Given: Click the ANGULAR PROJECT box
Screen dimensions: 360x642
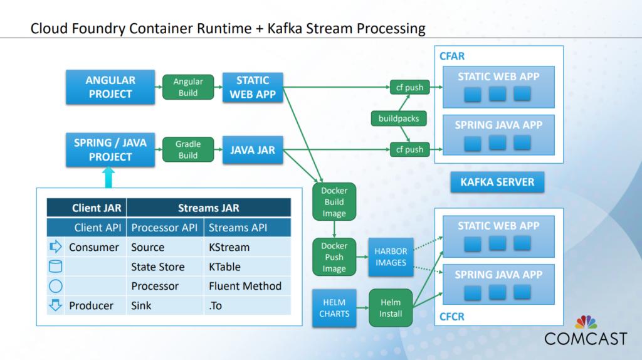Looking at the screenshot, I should (x=110, y=87).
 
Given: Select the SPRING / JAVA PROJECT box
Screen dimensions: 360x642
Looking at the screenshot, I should (x=110, y=150).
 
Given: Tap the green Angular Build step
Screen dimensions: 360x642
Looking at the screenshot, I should (x=188, y=87).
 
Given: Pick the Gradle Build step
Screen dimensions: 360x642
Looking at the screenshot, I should (x=188, y=150).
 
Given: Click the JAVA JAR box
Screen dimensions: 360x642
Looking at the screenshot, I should (x=253, y=150).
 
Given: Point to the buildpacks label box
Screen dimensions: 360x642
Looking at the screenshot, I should (x=399, y=118).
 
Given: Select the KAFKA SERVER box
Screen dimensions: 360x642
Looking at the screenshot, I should (x=497, y=182).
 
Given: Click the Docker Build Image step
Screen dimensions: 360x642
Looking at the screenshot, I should (x=334, y=202).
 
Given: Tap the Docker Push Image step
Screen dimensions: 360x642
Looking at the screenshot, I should (x=334, y=257).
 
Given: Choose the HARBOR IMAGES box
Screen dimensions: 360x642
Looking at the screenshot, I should (x=391, y=257).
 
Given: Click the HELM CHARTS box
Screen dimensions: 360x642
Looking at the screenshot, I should (x=335, y=307).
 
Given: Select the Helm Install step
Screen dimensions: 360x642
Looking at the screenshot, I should (x=391, y=308).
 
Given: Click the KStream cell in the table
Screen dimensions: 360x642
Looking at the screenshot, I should (x=229, y=247).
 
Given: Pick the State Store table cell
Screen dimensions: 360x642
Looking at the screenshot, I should (x=158, y=267).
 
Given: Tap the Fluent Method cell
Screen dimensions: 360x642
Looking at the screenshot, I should (x=245, y=286).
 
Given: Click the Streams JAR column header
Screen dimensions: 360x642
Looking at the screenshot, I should (x=209, y=208).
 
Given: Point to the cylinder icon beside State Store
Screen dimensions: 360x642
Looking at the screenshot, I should (x=56, y=267).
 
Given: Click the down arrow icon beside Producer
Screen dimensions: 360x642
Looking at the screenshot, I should (x=56, y=305).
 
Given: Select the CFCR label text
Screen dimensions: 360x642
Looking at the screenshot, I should (x=452, y=317).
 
